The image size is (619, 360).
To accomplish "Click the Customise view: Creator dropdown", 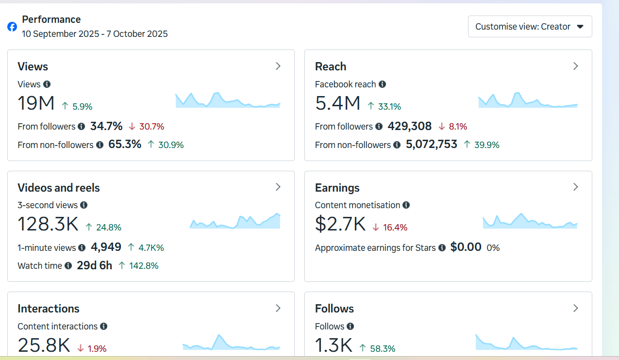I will click(530, 27).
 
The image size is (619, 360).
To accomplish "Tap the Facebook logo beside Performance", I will click(12, 27).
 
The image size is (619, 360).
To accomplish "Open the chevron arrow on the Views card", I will click(278, 66).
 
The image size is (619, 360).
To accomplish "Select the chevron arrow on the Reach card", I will click(576, 66).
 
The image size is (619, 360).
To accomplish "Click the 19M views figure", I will click(36, 103).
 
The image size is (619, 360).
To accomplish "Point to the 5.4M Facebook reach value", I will click(337, 103).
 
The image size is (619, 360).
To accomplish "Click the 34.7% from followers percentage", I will click(106, 127).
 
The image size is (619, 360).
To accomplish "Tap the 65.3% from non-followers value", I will click(125, 145).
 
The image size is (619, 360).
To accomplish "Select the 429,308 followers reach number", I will click(409, 127).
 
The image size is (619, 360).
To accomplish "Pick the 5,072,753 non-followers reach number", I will click(432, 145).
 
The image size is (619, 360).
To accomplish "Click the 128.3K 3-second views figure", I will click(48, 224).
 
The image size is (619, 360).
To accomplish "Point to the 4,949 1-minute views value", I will click(106, 247).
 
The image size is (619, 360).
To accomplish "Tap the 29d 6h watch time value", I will click(95, 266).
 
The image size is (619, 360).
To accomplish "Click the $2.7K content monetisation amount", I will click(340, 224).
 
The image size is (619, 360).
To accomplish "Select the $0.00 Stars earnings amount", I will click(466, 247).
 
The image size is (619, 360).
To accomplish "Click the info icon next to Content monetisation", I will click(406, 205).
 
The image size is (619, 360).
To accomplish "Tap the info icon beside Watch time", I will click(68, 266).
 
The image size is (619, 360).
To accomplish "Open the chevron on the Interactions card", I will click(278, 308).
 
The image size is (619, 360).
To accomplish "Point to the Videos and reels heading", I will click(59, 188).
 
